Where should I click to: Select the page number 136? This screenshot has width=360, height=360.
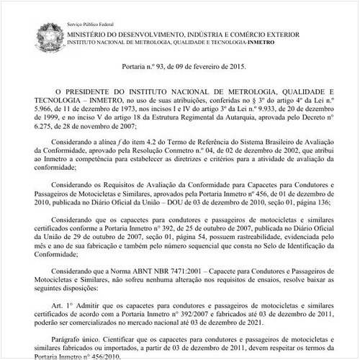point(328,202)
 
